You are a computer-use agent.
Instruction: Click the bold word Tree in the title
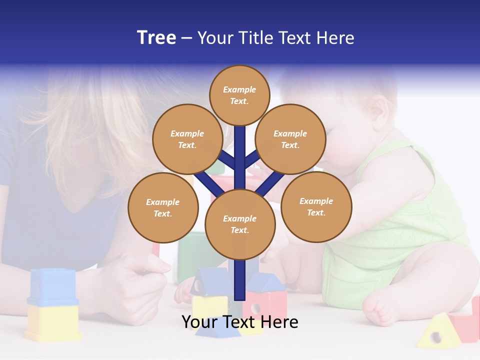[x=156, y=37]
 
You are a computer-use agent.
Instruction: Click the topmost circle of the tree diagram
[x=239, y=95]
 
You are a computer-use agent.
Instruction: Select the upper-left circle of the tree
[x=187, y=139]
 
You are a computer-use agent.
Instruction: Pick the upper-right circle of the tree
[x=290, y=139]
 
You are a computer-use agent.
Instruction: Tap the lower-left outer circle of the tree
[x=163, y=207]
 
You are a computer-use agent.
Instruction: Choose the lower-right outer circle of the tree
[x=316, y=206]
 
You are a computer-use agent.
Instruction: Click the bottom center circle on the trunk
[x=240, y=224]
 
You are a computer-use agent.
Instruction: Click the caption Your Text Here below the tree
[x=239, y=322]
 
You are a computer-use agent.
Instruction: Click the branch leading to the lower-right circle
[x=270, y=184]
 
